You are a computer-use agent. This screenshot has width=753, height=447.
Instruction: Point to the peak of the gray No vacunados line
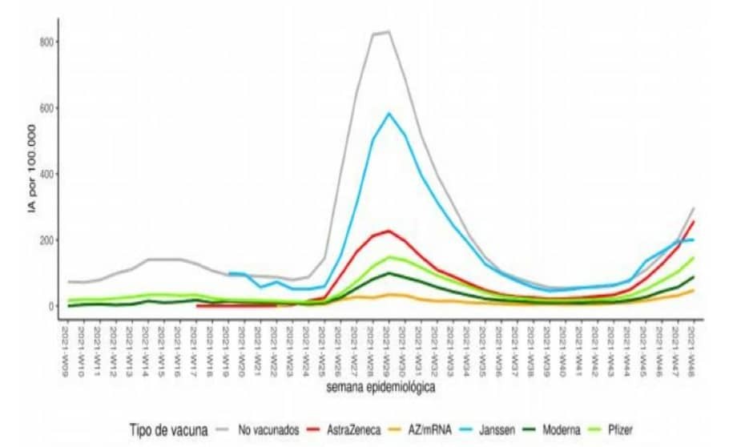389,32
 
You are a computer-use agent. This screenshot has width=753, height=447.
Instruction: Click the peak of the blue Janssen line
389,113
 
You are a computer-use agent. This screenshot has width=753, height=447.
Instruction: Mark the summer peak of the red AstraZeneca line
389,231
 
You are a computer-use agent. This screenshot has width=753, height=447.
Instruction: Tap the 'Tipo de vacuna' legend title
169,430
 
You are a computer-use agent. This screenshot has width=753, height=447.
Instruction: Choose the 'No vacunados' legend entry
270,430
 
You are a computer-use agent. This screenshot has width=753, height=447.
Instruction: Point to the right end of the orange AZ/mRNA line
694,290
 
